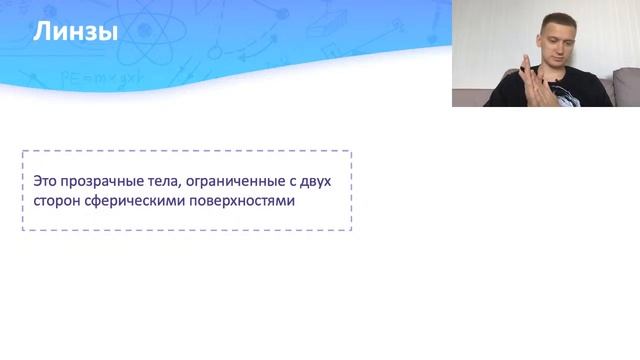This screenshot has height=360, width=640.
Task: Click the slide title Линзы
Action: pyautogui.click(x=76, y=33)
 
